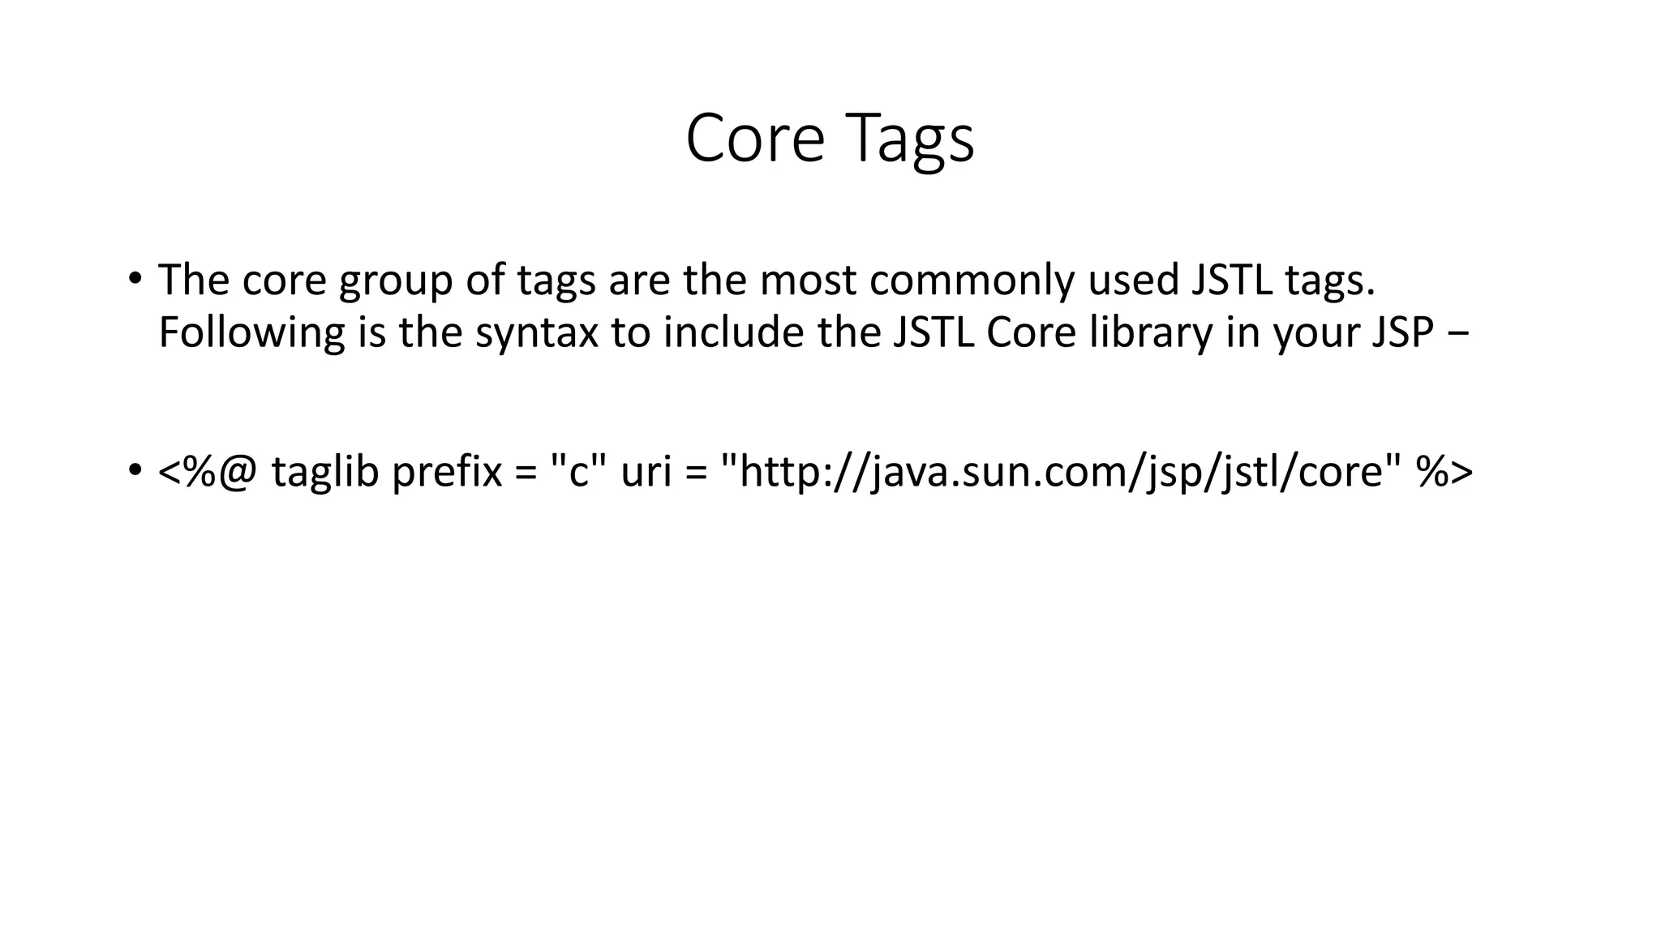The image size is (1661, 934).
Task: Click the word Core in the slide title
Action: point(754,138)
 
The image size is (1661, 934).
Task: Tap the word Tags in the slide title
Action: point(912,139)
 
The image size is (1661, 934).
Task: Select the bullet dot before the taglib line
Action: point(135,470)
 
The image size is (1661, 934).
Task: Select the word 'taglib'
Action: point(325,472)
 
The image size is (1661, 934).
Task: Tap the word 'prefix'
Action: point(447,472)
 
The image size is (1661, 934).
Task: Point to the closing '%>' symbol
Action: point(1444,472)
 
